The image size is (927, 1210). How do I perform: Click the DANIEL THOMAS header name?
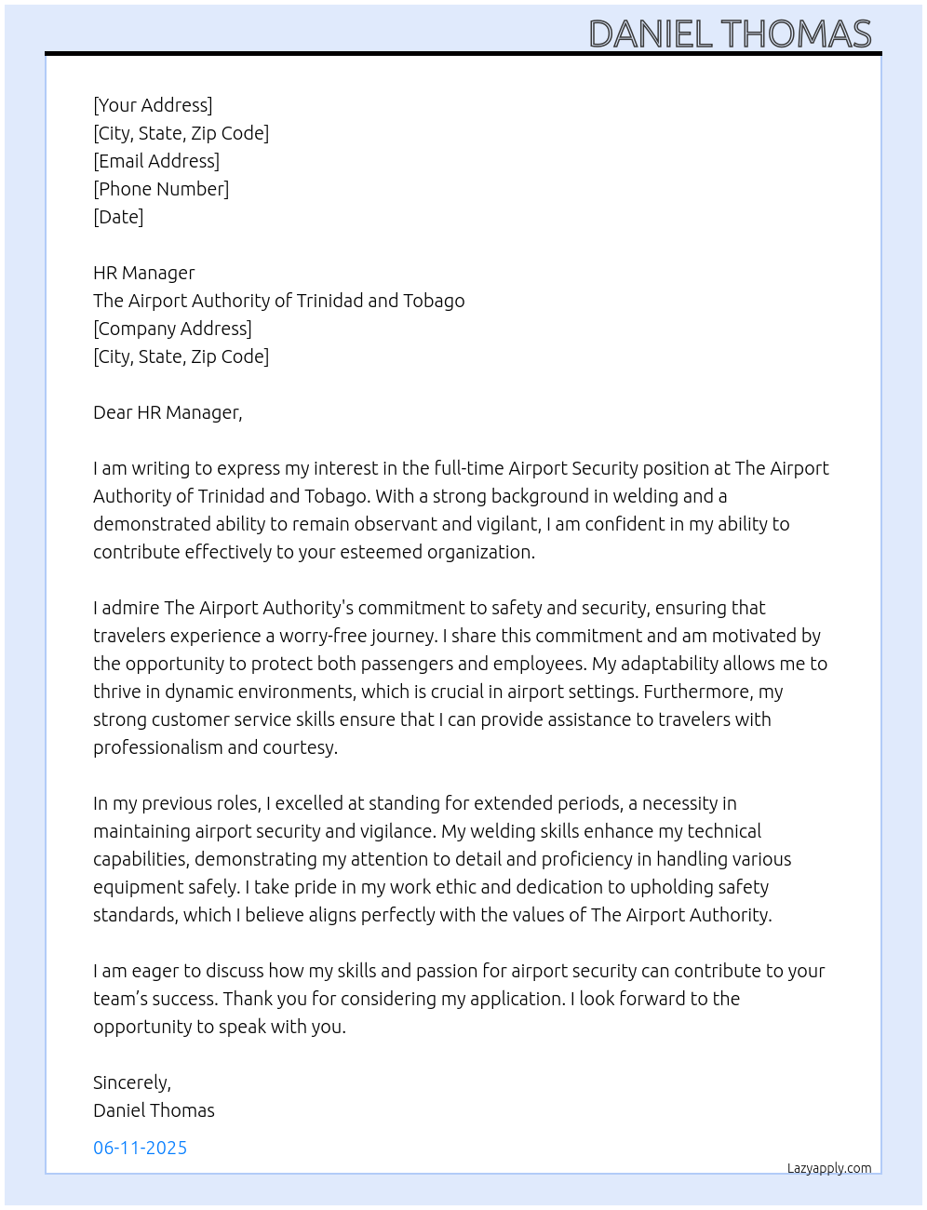point(730,34)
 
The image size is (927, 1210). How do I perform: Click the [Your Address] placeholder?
point(153,105)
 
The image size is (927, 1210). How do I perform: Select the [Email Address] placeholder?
point(156,161)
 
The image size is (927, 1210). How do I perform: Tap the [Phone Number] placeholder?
point(161,189)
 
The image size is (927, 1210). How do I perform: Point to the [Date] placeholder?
point(118,217)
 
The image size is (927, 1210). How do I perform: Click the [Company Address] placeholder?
point(172,329)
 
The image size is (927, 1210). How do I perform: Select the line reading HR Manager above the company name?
point(144,273)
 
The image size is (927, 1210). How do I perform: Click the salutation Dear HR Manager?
point(168,412)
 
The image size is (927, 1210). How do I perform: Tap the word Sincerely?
point(131,1082)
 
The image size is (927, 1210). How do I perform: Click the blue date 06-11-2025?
point(140,1148)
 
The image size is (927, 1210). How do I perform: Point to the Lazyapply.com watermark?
point(829,1168)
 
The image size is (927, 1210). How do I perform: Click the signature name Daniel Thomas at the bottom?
point(154,1110)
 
